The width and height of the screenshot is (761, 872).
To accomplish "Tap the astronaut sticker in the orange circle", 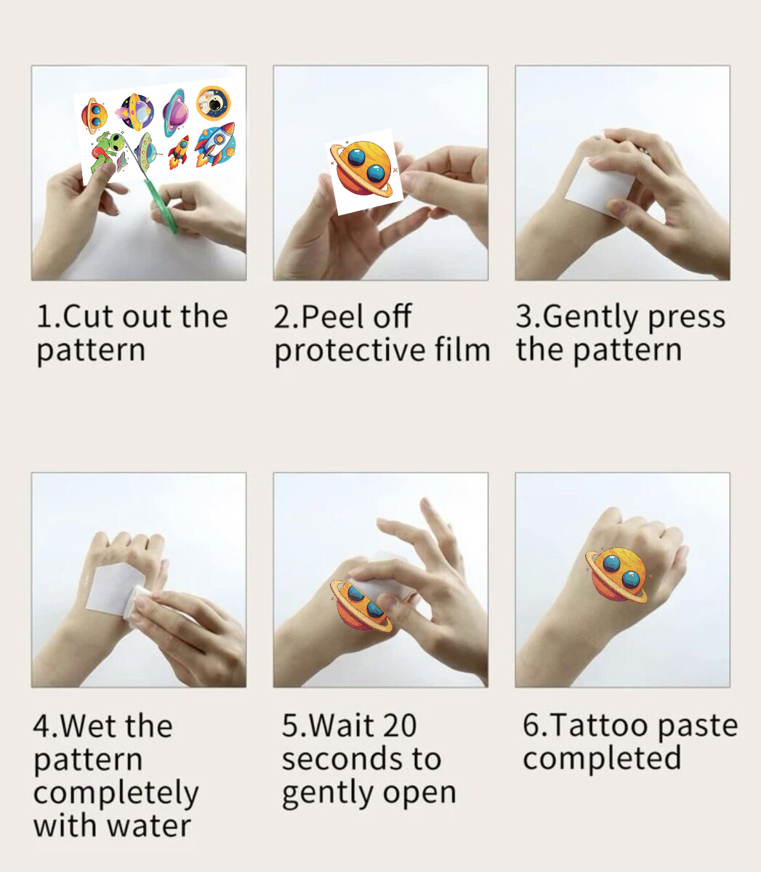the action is click(x=214, y=103).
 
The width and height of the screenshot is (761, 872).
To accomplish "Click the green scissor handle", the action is click(x=162, y=206).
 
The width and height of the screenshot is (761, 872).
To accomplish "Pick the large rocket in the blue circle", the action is click(x=216, y=144).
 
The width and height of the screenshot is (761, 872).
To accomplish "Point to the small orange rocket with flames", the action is click(x=179, y=151).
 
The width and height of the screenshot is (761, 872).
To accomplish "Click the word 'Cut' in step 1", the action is click(x=88, y=317).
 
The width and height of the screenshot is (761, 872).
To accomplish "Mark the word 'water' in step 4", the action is click(x=149, y=826).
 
